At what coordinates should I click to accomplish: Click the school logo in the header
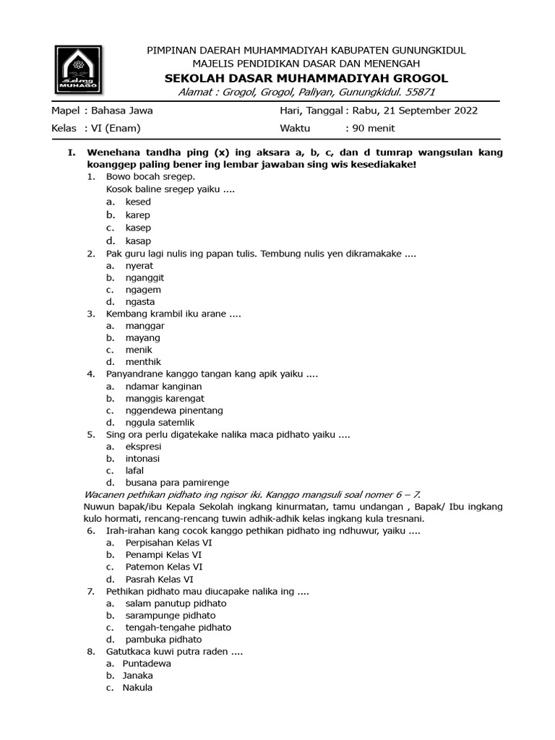[x=79, y=70]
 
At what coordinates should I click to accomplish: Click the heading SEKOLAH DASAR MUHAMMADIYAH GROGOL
[x=306, y=78]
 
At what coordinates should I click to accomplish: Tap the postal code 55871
[x=420, y=92]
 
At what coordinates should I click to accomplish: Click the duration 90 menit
[x=373, y=128]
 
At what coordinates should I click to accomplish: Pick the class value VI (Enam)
[x=113, y=128]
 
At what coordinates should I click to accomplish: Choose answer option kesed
[x=137, y=202]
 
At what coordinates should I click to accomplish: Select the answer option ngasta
[x=139, y=301]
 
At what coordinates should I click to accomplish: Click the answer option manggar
[x=145, y=326]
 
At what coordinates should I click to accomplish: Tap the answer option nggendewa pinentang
[x=173, y=410]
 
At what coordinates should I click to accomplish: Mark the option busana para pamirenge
[x=177, y=483]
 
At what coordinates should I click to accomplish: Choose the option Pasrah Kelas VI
[x=159, y=580]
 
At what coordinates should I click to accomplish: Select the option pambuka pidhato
[x=163, y=640]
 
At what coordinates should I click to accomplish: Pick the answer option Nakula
[x=137, y=688]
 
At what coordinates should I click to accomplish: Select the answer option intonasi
[x=142, y=458]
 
